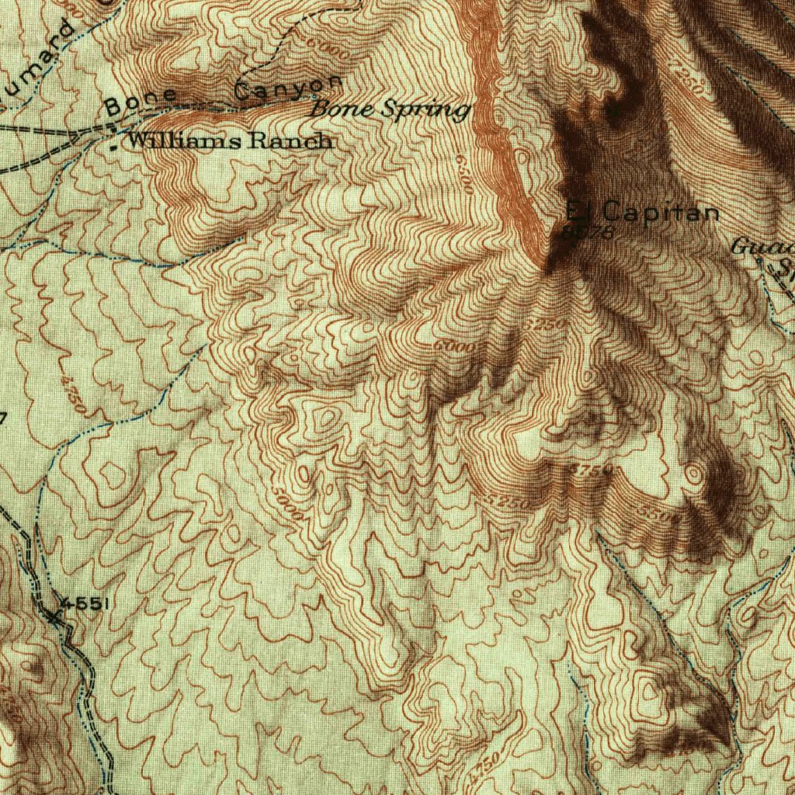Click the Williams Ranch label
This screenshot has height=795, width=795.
tap(230, 141)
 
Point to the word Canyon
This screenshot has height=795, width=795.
tap(287, 88)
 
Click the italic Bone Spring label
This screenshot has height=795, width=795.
tap(390, 109)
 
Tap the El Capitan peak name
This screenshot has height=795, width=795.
tap(642, 210)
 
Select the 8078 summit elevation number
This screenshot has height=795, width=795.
tap(590, 231)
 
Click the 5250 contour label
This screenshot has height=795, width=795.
tap(509, 502)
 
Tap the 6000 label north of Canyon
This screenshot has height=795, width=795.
tap(328, 50)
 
